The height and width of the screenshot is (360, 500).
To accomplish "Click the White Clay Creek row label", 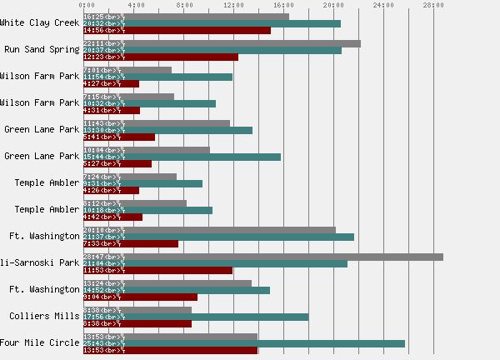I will [x=40, y=22].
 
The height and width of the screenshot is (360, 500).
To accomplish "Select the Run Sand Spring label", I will [x=42, y=49].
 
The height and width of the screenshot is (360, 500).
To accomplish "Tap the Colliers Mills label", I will [x=45, y=316].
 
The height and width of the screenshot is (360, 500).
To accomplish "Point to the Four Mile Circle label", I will [x=40, y=342].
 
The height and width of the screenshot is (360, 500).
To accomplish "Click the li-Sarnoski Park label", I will [x=40, y=262].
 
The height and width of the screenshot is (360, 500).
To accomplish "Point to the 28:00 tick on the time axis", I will [x=433, y=5].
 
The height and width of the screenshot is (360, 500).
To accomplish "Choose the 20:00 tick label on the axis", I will [x=333, y=5].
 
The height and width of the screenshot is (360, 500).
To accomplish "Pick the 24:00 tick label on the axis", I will [x=383, y=5].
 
